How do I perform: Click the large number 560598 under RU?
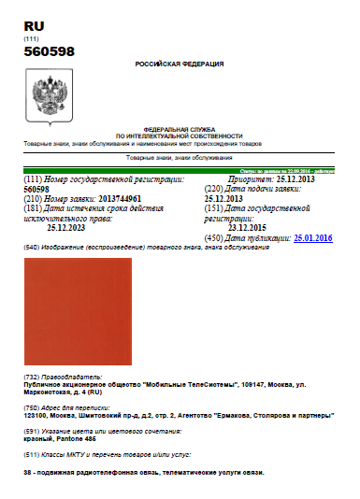[49, 52]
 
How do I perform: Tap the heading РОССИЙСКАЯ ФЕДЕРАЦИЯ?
[180, 64]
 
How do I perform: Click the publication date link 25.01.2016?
[312, 239]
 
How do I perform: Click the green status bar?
[281, 171]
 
